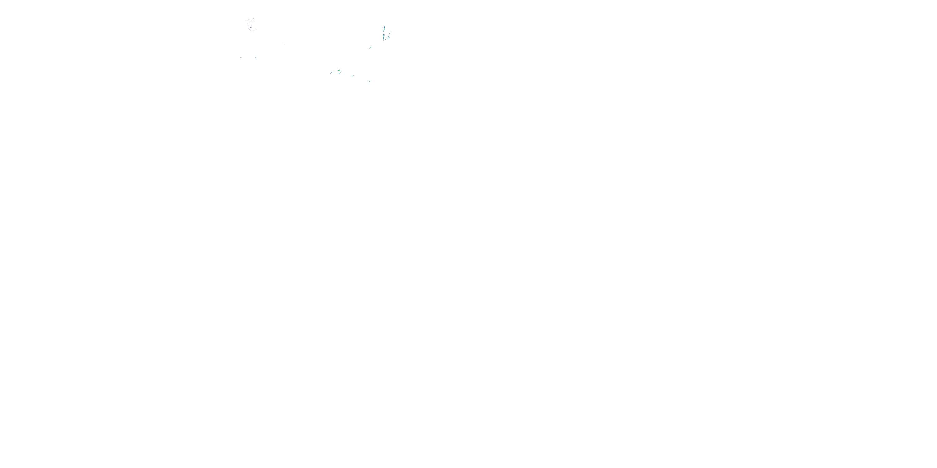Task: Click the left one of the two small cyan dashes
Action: pyautogui.click(x=241, y=58)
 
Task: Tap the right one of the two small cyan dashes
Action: pyautogui.click(x=256, y=58)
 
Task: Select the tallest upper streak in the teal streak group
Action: pyautogui.click(x=384, y=29)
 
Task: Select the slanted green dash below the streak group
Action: pyautogui.click(x=371, y=48)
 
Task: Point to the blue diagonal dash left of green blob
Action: pyautogui.click(x=331, y=73)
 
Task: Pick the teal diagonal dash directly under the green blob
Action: pyautogui.click(x=340, y=73)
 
